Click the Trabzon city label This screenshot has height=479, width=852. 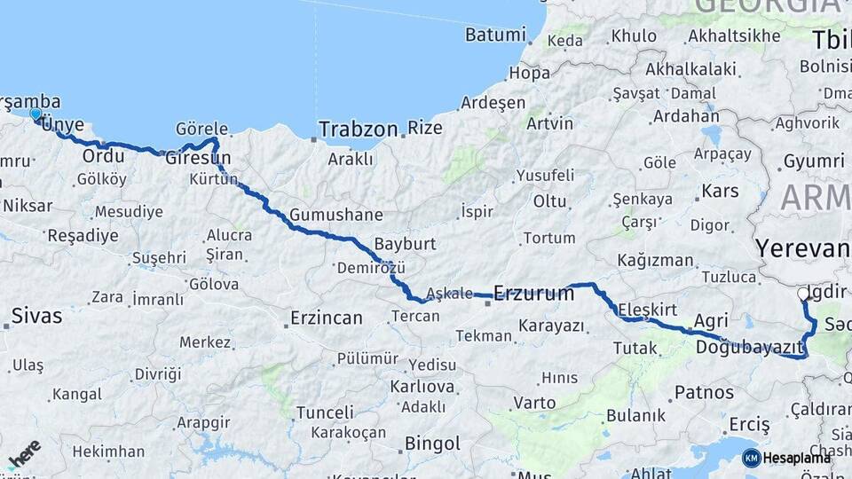pyautogui.click(x=358, y=129)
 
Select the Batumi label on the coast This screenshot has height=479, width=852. pyautogui.click(x=495, y=35)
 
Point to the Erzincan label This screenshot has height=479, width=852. pyautogui.click(x=327, y=317)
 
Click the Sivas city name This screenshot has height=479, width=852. pyautogui.click(x=36, y=315)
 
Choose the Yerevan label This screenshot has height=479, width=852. pyautogui.click(x=801, y=247)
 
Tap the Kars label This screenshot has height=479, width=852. pyautogui.click(x=719, y=191)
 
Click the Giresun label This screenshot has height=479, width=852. pyautogui.click(x=198, y=161)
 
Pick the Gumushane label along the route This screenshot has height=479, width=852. pyautogui.click(x=335, y=215)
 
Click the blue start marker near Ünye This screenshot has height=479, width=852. pyautogui.click(x=35, y=114)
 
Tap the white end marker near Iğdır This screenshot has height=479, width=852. pyautogui.click(x=803, y=294)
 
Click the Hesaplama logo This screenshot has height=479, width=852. pyautogui.click(x=786, y=458)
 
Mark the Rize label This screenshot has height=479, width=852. pyautogui.click(x=425, y=128)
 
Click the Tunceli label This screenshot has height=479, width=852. pyautogui.click(x=325, y=412)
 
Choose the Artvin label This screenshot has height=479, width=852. pyautogui.click(x=549, y=123)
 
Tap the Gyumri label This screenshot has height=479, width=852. pyautogui.click(x=813, y=161)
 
